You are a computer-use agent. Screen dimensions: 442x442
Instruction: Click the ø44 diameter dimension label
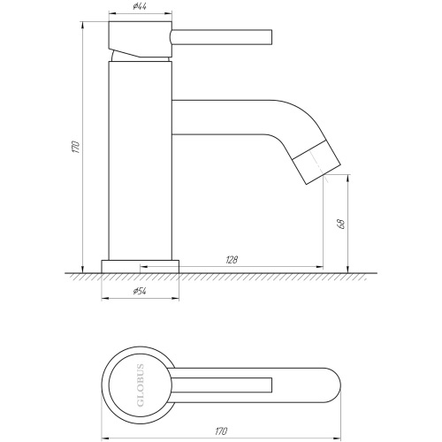click(x=140, y=6)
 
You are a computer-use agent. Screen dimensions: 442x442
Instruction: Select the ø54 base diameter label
click(x=140, y=291)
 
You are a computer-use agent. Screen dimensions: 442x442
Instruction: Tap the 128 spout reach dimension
click(x=232, y=260)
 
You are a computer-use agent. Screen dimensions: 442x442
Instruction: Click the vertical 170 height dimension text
click(x=76, y=147)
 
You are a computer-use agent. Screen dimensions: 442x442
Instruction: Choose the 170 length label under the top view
click(x=221, y=431)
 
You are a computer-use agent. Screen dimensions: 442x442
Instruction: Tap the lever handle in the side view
click(x=221, y=37)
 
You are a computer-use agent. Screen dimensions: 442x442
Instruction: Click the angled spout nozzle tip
click(x=318, y=163)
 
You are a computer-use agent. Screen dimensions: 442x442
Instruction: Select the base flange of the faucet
click(x=141, y=266)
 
